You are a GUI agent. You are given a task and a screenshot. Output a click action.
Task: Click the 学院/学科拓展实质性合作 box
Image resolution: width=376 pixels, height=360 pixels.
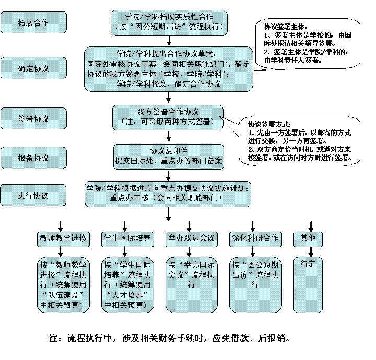(169, 21)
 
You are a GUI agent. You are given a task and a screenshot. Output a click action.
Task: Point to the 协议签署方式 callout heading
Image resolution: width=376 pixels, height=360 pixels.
(267, 125)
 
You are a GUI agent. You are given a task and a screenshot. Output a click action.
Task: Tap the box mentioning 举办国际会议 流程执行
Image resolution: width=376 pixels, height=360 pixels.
(191, 283)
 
